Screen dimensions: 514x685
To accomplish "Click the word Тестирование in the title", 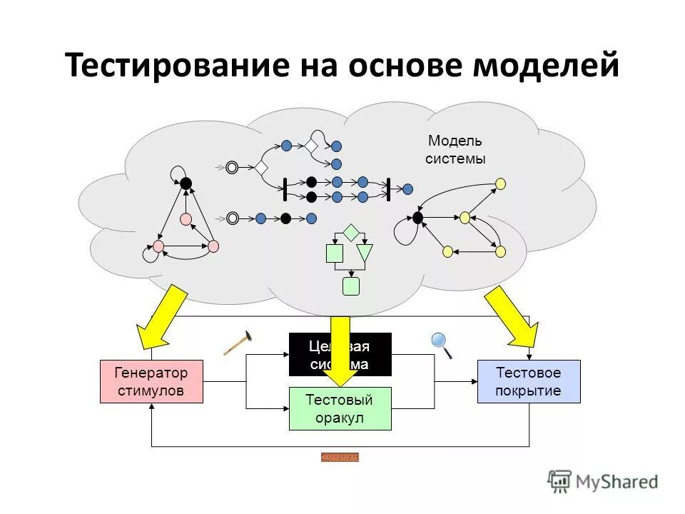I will [168, 66].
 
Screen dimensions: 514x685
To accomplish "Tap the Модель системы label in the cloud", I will [455, 150].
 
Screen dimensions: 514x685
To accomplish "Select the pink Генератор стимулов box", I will [151, 382].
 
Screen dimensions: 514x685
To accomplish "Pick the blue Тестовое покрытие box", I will [529, 382].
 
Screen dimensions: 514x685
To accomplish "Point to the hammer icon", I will [238, 342].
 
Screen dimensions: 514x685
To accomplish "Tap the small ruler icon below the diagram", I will [340, 457].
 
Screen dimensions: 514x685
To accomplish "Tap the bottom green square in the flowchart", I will [350, 286].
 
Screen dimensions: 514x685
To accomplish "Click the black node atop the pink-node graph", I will [186, 183].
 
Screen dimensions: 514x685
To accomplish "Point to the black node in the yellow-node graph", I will [418, 217].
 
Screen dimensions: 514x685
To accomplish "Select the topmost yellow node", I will [500, 183].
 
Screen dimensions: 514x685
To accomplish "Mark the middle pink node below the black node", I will [186, 219].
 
